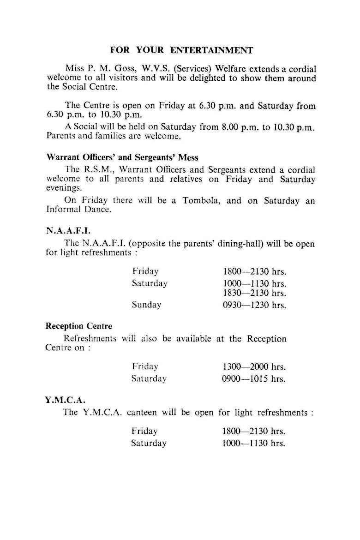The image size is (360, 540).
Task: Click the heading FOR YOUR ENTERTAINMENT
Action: coord(182,50)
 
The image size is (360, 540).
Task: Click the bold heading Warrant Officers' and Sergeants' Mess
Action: coord(122,157)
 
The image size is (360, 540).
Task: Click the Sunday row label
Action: coord(146,305)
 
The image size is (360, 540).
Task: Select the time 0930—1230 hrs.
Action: coord(254,305)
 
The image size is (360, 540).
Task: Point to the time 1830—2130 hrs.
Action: coord(254,293)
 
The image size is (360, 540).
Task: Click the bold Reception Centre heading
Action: coord(78,326)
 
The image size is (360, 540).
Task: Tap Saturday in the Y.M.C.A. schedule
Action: coord(149,444)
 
